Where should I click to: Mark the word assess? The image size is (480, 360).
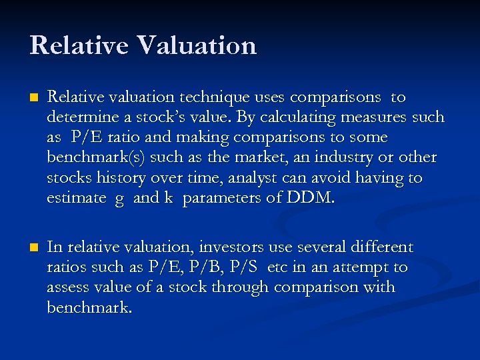click(x=67, y=287)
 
